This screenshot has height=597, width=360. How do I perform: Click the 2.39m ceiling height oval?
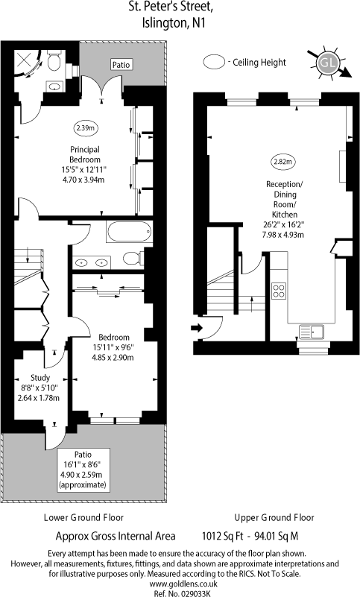85,127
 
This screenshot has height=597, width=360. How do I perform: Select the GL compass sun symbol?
326,65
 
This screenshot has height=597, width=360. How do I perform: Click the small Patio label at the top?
121,65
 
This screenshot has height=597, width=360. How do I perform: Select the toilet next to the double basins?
131,259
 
